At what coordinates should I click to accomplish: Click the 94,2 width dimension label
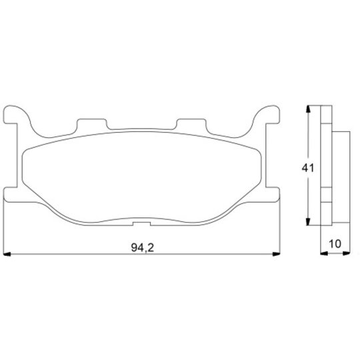click(143, 248)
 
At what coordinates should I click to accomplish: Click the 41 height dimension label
click(307, 168)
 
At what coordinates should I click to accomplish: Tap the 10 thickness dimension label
click(335, 244)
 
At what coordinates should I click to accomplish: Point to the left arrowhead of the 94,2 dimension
click(7, 254)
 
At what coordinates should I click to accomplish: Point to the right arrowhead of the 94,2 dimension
click(276, 254)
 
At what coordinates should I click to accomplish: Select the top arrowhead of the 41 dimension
click(308, 109)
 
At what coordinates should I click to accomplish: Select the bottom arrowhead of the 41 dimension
click(308, 221)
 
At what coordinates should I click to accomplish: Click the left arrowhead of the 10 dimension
click(324, 253)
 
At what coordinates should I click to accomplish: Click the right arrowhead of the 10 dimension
click(346, 253)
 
